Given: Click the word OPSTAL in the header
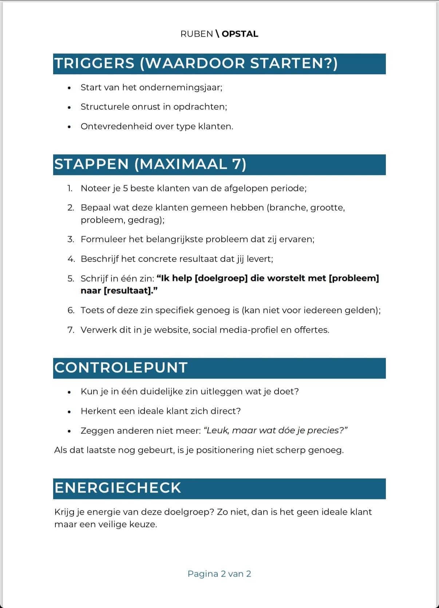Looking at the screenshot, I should point(240,34).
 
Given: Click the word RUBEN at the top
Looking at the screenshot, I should point(197,34).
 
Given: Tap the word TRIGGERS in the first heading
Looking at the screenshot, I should point(94,63).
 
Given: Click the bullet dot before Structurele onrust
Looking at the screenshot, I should point(69,107).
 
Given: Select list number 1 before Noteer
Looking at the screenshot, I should point(70,188).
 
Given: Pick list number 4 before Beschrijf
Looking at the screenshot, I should point(71,259).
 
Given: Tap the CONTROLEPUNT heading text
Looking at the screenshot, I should point(121,367).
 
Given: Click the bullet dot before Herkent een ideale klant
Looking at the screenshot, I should point(69,412).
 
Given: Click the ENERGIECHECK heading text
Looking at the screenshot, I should point(118,488).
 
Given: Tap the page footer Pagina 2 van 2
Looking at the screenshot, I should point(219,574).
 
